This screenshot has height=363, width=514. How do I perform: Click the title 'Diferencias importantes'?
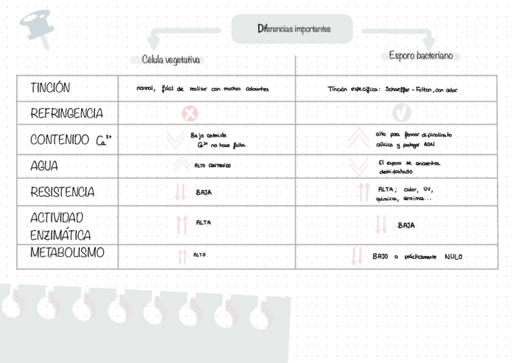point(294,29)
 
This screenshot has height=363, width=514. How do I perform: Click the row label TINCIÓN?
point(50,88)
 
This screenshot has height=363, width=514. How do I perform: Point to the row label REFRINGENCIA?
point(67,113)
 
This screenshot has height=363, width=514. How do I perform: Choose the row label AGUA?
point(45,165)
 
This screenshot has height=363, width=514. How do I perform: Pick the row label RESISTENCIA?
point(62,192)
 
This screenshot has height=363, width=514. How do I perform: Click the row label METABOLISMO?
point(67,253)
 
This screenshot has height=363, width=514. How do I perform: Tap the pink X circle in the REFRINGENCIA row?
point(190,113)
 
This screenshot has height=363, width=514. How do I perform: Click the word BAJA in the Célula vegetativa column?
point(203,193)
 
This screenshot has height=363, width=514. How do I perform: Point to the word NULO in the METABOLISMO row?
point(453,257)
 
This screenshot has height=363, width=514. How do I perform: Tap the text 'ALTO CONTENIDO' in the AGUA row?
point(212,165)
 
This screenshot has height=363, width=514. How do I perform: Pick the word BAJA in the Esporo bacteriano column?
point(406,225)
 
